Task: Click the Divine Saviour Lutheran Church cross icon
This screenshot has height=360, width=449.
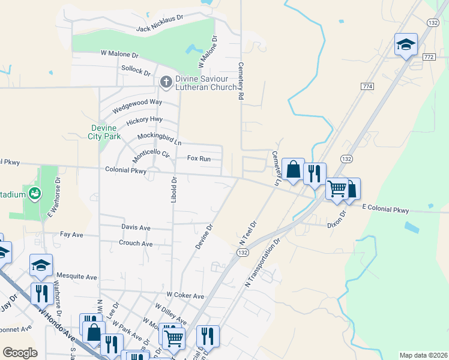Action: point(166,81)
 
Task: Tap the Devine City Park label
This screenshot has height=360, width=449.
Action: point(106,132)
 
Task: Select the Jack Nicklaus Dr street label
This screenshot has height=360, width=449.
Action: point(160,28)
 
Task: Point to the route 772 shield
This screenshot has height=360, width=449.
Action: point(428,56)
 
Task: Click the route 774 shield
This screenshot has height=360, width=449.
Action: point(368,86)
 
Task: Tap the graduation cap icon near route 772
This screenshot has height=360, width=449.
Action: point(406,45)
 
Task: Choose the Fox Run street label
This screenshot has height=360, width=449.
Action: point(199,158)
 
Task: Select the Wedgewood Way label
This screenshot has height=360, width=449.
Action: point(137,103)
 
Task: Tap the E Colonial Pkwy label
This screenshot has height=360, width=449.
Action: point(385,209)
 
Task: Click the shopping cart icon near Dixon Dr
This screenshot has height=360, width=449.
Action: point(337,188)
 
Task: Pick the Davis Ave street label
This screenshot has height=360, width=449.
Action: point(136,228)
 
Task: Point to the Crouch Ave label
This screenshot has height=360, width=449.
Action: point(135,244)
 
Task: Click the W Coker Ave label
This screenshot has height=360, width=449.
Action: point(185,296)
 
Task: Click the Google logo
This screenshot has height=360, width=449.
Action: point(20,353)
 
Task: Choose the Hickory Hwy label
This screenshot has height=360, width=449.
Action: point(144,121)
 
